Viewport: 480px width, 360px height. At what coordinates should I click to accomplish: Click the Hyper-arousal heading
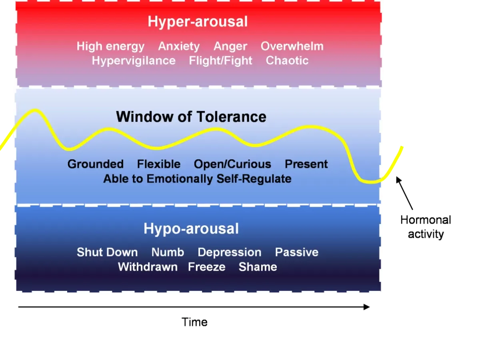(198, 22)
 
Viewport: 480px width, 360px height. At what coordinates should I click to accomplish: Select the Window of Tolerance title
(191, 117)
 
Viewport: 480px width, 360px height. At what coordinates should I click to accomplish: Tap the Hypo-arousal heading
(191, 229)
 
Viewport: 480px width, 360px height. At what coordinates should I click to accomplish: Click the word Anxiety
(179, 46)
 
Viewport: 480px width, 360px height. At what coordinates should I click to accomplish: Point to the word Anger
(230, 46)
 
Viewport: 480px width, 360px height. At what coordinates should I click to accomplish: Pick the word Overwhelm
(292, 46)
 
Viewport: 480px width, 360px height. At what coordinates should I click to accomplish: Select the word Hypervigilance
(134, 61)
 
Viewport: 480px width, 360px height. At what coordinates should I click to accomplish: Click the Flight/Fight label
(221, 61)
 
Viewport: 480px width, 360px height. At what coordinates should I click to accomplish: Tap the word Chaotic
(287, 61)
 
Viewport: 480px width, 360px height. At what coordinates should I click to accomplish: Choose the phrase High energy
(110, 46)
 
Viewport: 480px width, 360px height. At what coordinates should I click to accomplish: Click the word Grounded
(96, 164)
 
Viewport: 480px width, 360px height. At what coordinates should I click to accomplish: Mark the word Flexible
(159, 164)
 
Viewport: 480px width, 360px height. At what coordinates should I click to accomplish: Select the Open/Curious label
(232, 164)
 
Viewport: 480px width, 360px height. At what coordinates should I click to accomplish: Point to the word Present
(306, 164)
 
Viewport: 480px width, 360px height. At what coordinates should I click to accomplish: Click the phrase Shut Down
(107, 252)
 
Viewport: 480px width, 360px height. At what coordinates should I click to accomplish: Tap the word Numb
(168, 252)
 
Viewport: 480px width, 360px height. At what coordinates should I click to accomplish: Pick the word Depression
(230, 252)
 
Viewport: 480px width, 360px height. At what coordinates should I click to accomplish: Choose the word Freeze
(207, 267)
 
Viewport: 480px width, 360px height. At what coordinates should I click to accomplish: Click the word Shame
(258, 267)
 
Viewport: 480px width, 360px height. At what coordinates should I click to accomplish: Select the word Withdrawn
(148, 267)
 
